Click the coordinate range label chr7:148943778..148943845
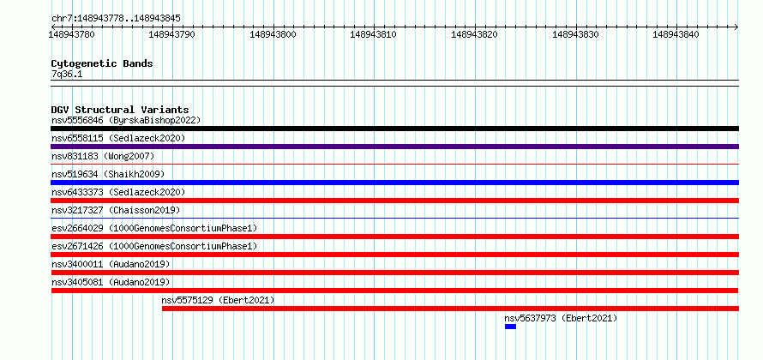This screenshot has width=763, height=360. tap(117, 19)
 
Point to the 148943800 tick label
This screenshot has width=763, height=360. tap(273, 34)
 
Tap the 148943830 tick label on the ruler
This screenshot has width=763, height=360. tap(575, 34)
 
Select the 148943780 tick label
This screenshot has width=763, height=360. tap(72, 34)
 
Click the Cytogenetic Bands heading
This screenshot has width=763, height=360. tap(102, 63)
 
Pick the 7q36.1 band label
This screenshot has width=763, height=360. tap(67, 74)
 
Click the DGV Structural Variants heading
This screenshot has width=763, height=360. tap(120, 110)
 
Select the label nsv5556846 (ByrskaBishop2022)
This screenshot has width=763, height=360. tap(126, 120)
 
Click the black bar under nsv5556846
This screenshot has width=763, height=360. tap(394, 129)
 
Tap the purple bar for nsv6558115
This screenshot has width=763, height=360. tap(394, 147)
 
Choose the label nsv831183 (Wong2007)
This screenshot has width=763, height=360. tap(103, 156)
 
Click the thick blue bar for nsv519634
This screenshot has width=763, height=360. tap(394, 183)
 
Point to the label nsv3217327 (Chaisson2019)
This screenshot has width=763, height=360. tap(116, 210)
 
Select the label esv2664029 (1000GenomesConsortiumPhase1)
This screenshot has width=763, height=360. tap(154, 228)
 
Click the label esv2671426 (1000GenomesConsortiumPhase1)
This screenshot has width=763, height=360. tap(154, 246)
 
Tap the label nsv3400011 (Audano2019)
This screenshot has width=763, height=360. tap(111, 264)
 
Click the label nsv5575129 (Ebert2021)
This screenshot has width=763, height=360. tap(218, 300)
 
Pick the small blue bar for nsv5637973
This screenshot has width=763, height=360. tap(510, 327)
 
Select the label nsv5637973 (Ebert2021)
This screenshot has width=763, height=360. tap(561, 318)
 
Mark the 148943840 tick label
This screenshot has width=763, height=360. tap(676, 34)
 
